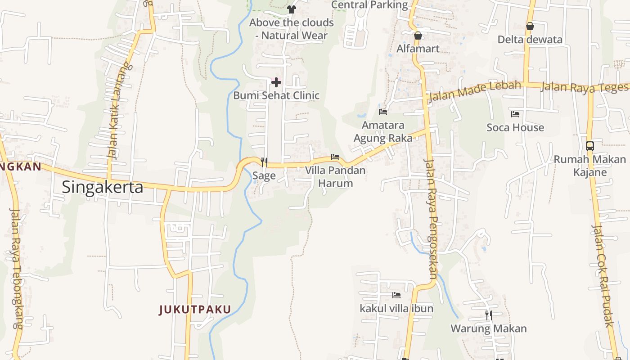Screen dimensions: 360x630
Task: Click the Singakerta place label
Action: [x=102, y=187]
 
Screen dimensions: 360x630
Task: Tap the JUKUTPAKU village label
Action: [x=195, y=310]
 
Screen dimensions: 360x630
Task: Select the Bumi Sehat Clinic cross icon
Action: [x=276, y=82]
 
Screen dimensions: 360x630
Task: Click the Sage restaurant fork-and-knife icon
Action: [x=264, y=162]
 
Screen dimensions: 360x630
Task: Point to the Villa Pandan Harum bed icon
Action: [x=335, y=157]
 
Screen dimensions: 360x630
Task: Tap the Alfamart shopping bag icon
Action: [x=418, y=35]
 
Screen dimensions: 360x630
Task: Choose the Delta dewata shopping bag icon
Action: [x=530, y=26]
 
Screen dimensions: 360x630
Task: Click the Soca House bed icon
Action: [x=515, y=114]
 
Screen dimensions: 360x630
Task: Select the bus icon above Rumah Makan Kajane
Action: [x=589, y=146]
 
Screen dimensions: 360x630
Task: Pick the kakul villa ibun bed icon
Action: [x=396, y=295]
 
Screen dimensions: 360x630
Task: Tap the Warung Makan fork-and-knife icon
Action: [x=488, y=315]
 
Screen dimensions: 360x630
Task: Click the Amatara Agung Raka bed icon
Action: [x=383, y=112]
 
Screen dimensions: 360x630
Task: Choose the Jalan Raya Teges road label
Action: [x=584, y=87]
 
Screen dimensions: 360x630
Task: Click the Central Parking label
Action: [x=369, y=5]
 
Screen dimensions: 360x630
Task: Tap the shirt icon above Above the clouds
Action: [x=292, y=9]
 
